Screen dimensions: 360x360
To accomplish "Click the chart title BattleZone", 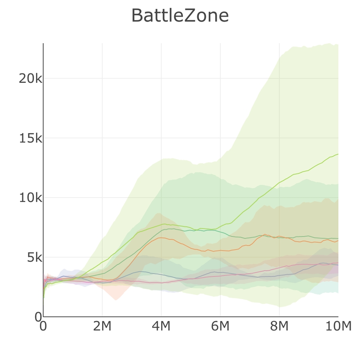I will [x=180, y=16].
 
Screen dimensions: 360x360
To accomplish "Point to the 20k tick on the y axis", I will [x=30, y=78].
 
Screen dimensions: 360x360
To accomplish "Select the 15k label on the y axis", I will [x=30, y=138].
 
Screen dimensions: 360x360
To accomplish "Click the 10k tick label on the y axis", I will [x=30, y=198].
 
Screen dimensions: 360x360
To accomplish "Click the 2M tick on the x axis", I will [x=102, y=326].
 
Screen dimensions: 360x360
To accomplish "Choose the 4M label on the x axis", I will [x=161, y=326].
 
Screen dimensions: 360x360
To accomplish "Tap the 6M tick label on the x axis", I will [x=220, y=326].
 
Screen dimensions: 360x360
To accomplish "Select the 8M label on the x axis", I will [x=279, y=326].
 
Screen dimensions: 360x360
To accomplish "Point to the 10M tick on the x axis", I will [x=338, y=326].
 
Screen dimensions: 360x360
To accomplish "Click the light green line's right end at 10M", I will [x=338, y=154].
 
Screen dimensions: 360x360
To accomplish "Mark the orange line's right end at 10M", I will [x=338, y=240].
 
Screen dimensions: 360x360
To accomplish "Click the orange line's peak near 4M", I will [x=161, y=238].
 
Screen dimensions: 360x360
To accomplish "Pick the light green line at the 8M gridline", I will [x=279, y=182].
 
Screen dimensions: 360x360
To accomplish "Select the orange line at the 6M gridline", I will [x=220, y=250].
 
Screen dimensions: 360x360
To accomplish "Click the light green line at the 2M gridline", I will [x=102, y=262].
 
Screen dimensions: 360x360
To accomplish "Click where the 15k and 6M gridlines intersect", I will [x=220, y=138].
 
